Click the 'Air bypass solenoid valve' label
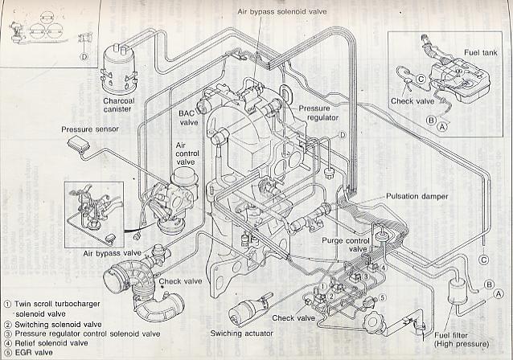[x=281, y=12]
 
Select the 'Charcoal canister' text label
[x=119, y=104]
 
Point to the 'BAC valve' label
[x=188, y=117]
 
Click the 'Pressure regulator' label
[x=318, y=112]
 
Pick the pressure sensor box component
[x=79, y=144]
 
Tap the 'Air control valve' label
[x=187, y=153]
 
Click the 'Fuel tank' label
[x=480, y=53]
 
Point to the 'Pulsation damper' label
[x=417, y=196]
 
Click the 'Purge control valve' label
[x=346, y=244]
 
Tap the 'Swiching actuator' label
[x=241, y=333]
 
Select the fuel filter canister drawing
[x=458, y=292]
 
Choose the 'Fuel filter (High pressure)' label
[x=462, y=339]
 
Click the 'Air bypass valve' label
[x=113, y=253]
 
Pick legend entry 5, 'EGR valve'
[x=28, y=353]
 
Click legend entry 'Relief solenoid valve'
[x=46, y=343]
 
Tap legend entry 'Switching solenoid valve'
[x=53, y=325]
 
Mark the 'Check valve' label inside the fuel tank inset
[x=412, y=101]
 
